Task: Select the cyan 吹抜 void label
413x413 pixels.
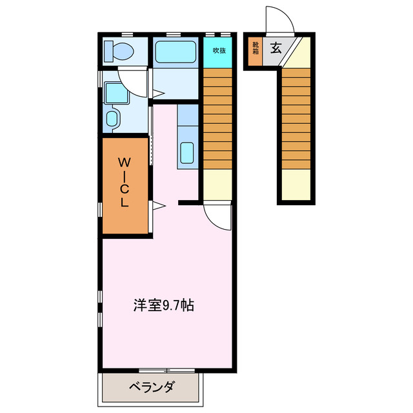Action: (x=219, y=50)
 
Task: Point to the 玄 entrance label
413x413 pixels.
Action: (x=276, y=48)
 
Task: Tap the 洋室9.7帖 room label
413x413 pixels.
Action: (x=164, y=305)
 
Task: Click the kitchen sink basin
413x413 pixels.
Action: (x=187, y=153)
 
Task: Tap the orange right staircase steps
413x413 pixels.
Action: (x=296, y=119)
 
